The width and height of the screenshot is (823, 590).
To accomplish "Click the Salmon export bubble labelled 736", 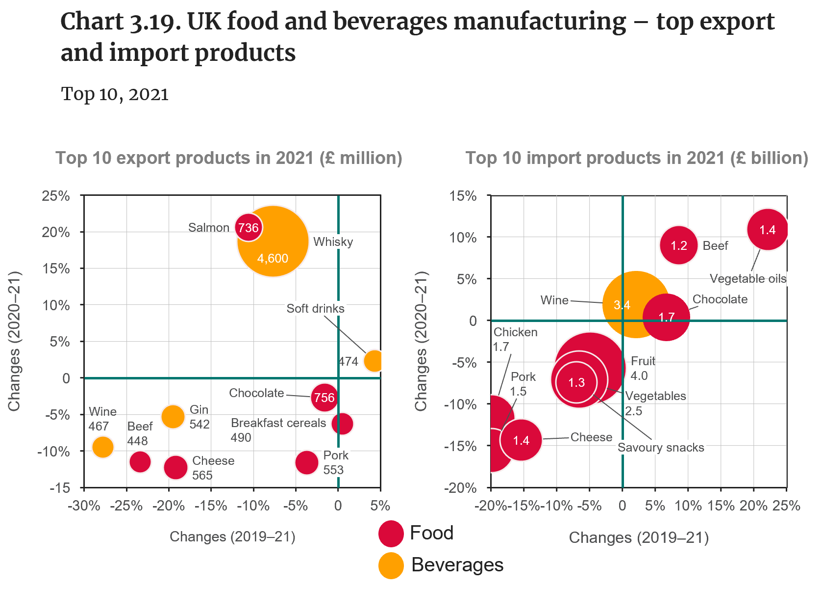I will click(249, 228).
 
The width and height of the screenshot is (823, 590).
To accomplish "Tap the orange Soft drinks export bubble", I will click(374, 361).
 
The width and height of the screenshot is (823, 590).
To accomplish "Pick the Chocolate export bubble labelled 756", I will click(324, 397).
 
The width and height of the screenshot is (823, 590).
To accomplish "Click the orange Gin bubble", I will click(173, 416).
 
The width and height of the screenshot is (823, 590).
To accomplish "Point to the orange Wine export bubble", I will click(102, 447).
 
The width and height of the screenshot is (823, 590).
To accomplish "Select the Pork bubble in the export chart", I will click(307, 462).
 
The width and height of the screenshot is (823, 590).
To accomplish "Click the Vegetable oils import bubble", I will click(767, 229).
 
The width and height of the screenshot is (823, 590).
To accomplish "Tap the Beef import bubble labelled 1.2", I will click(678, 245).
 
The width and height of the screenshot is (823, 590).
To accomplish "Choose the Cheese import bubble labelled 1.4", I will click(521, 440).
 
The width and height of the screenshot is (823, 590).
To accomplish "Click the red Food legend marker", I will click(391, 534).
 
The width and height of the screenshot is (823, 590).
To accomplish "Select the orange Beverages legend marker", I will click(391, 565).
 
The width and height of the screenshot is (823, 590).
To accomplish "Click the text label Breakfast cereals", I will click(278, 423).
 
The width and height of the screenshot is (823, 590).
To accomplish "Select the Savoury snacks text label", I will click(661, 448).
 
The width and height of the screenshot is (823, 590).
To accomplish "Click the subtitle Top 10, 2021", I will click(115, 94).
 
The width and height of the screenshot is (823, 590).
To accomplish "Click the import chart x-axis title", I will click(639, 538).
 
